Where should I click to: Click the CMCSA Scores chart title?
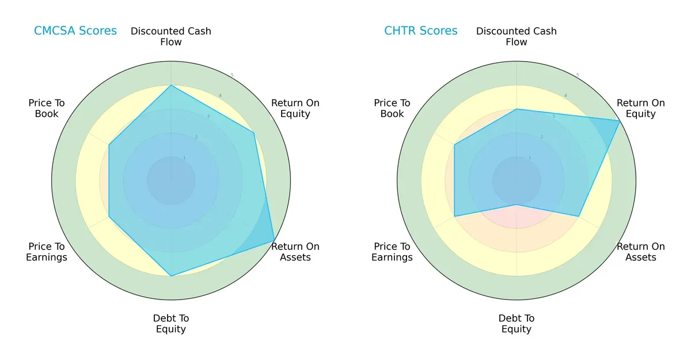75,31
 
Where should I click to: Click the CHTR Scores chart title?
421,31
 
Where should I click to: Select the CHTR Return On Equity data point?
620,121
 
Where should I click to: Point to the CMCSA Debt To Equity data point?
171,276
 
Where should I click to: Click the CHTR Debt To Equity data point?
517,204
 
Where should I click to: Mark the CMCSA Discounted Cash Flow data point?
171,86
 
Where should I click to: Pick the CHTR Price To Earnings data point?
455,217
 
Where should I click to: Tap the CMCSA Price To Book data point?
109,145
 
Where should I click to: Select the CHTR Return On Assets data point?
578,217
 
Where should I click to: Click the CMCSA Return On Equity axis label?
295,108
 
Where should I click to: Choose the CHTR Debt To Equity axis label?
517,324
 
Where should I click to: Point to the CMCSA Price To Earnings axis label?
47,252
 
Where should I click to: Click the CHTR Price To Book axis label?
392,108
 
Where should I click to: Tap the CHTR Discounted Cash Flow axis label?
517,36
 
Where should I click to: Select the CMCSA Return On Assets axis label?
295,252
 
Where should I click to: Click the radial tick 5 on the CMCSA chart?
232,75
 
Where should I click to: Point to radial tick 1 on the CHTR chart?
530,157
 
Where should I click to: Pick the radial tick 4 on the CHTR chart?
565,96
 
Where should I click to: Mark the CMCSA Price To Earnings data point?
109,217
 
